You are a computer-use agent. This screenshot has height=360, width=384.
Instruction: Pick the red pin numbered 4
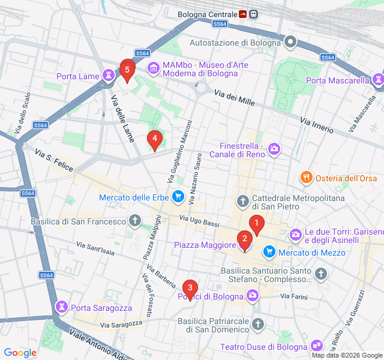tap(155, 140)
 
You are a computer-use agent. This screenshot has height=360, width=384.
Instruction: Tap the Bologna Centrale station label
tap(207, 14)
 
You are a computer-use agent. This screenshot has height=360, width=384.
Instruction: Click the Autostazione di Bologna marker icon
tap(291, 42)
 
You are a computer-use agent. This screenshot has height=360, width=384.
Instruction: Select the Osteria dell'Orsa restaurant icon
tap(306, 178)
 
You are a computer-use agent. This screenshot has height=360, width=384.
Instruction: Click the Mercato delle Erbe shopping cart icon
tap(177, 196)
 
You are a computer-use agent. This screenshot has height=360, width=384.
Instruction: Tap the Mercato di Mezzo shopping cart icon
tap(269, 252)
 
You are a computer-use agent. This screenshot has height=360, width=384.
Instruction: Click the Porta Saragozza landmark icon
tap(61, 307)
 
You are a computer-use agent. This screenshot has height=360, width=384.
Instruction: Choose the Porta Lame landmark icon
tap(108, 76)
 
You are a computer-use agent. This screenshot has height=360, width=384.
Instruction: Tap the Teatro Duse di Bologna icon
tap(317, 346)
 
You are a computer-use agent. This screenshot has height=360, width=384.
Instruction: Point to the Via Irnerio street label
tap(316, 127)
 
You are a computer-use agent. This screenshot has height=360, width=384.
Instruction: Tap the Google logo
tap(20, 353)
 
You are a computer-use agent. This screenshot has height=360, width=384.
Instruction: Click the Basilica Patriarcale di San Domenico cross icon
tap(258, 325)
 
